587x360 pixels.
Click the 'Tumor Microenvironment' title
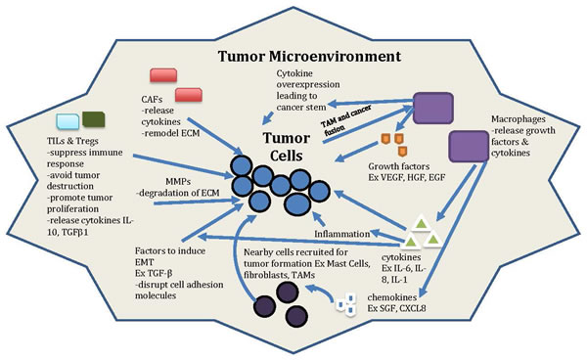(309, 57)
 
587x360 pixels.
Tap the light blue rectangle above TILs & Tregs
(68, 121)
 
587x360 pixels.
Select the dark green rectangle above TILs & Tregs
(94, 119)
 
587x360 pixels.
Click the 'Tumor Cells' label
(287, 147)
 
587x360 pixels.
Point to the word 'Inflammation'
(342, 234)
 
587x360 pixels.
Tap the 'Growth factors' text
(399, 166)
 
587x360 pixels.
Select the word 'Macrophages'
(519, 119)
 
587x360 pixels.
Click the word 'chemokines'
(392, 297)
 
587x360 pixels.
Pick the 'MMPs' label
(178, 182)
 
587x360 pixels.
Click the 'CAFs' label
(152, 99)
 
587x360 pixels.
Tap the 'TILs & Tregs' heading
(72, 141)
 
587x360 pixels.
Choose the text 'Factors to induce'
(170, 250)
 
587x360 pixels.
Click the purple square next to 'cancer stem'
(433, 109)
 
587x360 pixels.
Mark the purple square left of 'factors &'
(469, 147)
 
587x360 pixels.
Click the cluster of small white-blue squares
(346, 304)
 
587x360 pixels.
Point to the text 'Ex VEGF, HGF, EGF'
(407, 177)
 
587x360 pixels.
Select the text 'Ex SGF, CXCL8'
(396, 308)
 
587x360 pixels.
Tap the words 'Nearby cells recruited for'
(295, 252)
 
